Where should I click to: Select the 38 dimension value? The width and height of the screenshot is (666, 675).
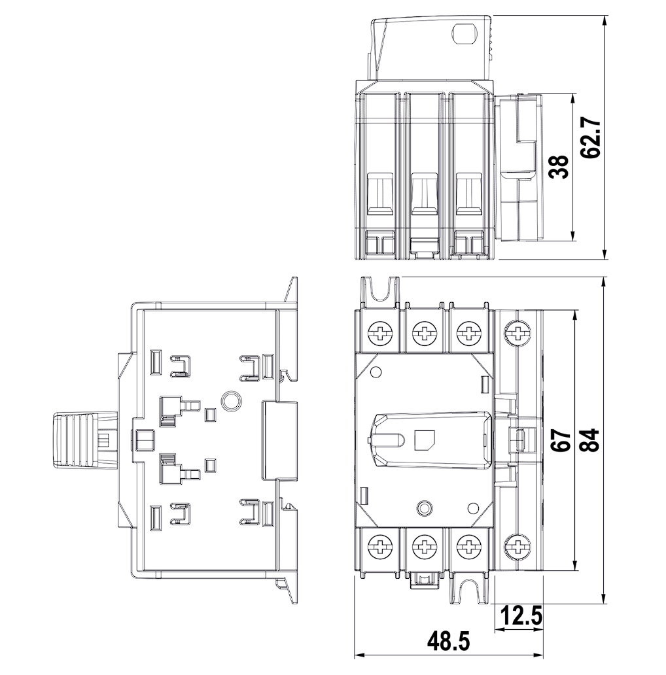pos(559,167)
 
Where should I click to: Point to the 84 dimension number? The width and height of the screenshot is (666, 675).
pos(589,440)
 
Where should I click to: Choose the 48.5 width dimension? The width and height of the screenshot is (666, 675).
pos(448,642)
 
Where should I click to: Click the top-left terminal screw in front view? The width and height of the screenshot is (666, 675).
pos(381,333)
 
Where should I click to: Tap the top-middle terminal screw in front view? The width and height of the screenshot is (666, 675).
pos(424,333)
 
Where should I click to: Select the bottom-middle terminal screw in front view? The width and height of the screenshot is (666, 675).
pos(424,548)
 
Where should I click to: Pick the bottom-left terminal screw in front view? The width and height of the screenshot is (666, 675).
pos(381,548)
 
